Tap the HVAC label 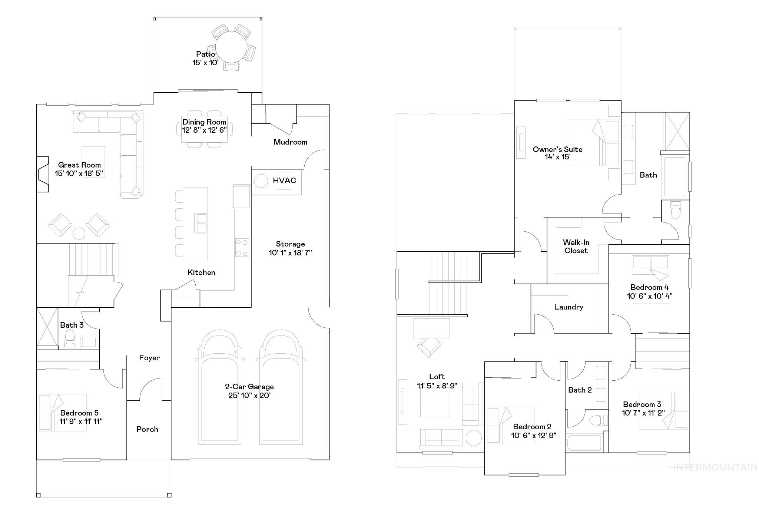[x=284, y=181]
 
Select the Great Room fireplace [x=42, y=174]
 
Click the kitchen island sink [x=201, y=223]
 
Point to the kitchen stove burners [x=242, y=248]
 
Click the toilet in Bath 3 [x=70, y=339]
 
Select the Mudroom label [x=290, y=142]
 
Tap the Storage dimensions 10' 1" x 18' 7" [x=290, y=253]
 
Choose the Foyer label [x=149, y=358]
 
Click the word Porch [x=147, y=429]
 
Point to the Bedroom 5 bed [x=62, y=413]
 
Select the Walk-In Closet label [x=576, y=247]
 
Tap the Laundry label [x=569, y=307]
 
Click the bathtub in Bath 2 [x=584, y=443]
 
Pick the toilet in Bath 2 [x=598, y=420]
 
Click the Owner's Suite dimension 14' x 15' [x=557, y=157]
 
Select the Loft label [x=437, y=377]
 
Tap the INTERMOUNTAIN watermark [x=715, y=467]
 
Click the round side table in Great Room [x=79, y=234]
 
